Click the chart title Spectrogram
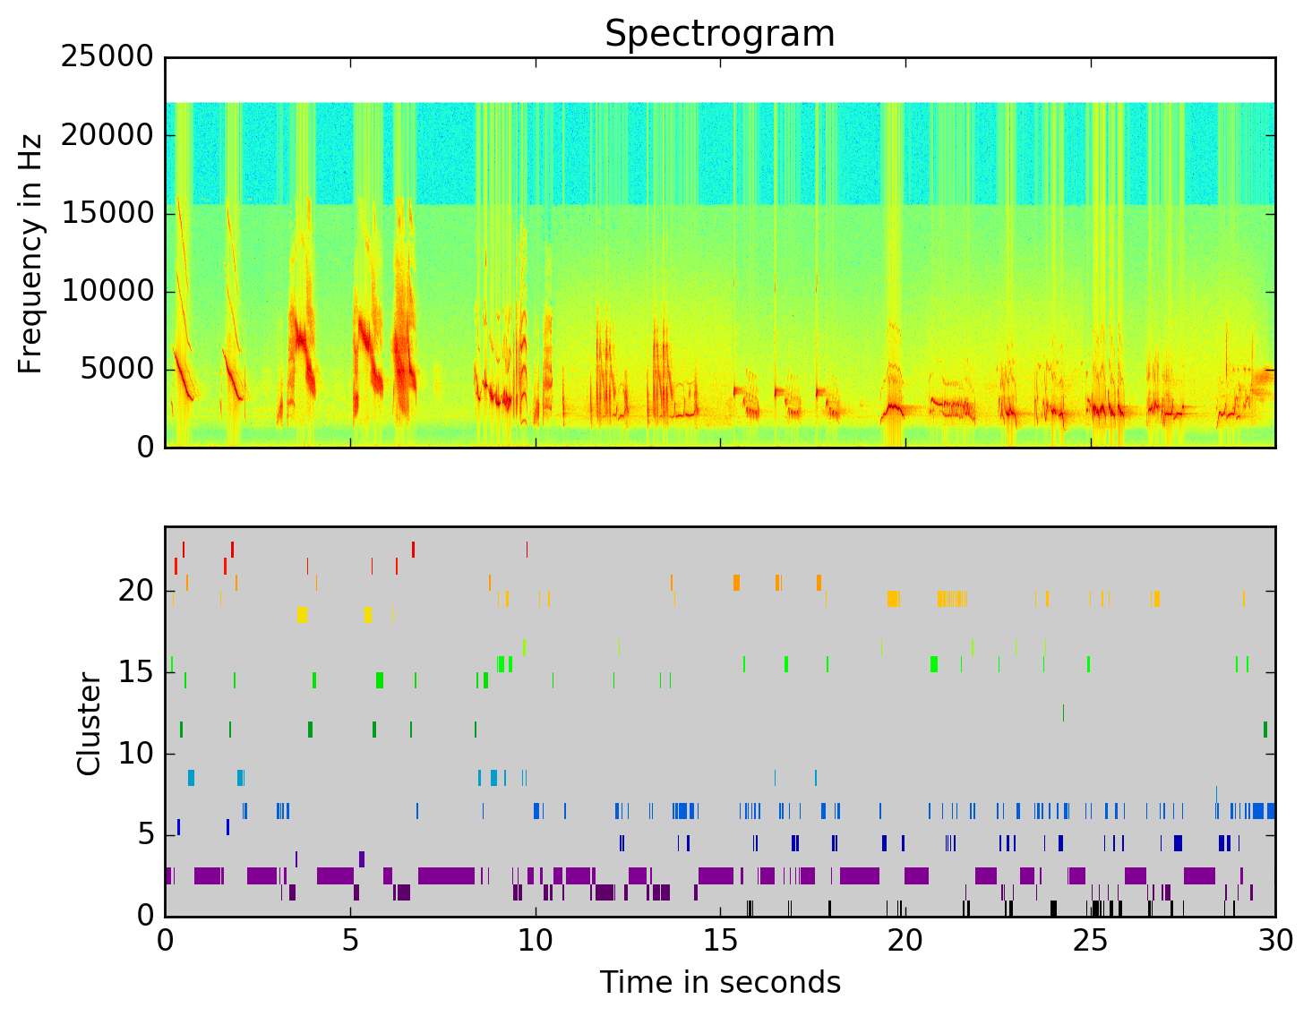(x=719, y=34)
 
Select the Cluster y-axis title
(x=89, y=724)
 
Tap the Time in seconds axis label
(x=720, y=982)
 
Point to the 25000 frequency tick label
(x=107, y=57)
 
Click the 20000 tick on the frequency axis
(x=107, y=135)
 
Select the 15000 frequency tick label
(x=107, y=213)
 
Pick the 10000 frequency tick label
(x=107, y=291)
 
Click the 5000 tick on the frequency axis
(x=117, y=369)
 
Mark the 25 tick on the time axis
(x=1090, y=941)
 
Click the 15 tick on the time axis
(x=720, y=941)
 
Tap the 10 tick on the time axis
(x=536, y=941)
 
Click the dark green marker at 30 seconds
(x=1265, y=730)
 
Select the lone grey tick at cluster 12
(x=1063, y=713)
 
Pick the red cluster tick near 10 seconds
(x=527, y=549)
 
